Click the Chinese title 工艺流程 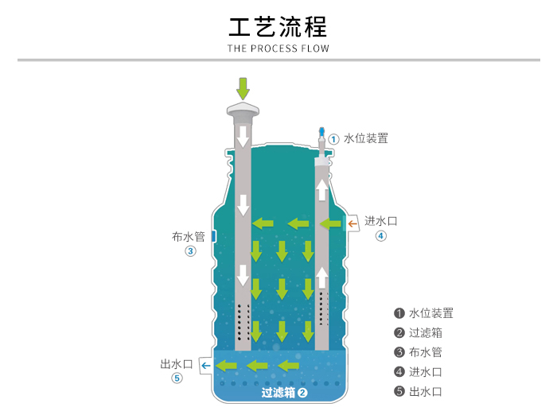click(278, 26)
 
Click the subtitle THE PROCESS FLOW click(278, 48)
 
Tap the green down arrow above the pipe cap click(243, 87)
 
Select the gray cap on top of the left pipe click(243, 111)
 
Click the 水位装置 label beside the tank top click(366, 138)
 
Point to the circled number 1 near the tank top click(334, 138)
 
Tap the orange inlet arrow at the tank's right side click(353, 225)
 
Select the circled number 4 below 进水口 click(381, 235)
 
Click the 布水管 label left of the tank click(189, 236)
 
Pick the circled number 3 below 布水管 click(190, 251)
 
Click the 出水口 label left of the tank click(176, 364)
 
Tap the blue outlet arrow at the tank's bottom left click(204, 366)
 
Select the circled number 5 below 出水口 click(177, 378)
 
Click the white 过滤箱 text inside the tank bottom click(278, 392)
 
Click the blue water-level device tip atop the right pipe click(321, 131)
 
